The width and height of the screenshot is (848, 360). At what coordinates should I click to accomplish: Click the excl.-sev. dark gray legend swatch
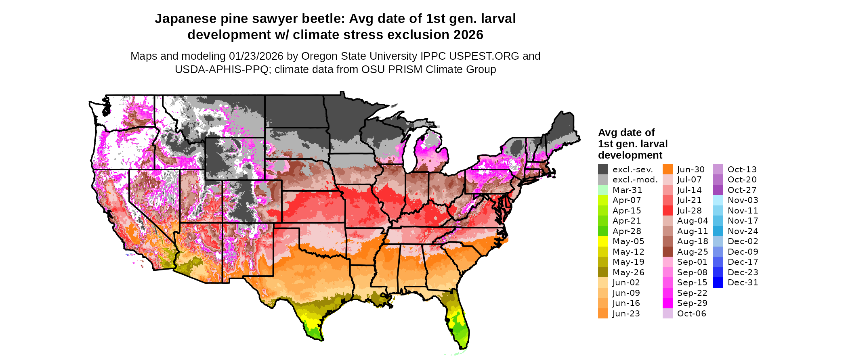(603, 170)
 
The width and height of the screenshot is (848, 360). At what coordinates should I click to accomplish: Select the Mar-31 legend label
(627, 190)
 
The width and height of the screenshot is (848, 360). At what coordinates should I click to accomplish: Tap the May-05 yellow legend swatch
(603, 241)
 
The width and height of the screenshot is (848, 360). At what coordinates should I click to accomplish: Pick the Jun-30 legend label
(691, 170)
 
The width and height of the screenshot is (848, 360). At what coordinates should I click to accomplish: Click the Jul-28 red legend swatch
(668, 211)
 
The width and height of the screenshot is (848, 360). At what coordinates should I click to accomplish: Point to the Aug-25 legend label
(693, 252)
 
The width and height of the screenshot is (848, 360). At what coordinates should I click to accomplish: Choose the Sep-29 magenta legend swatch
(668, 303)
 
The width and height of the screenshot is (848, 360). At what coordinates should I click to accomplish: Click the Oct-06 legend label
(692, 314)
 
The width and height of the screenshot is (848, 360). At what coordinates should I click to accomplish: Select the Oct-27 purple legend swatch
(718, 190)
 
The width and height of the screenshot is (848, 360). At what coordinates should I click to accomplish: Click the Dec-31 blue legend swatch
(718, 283)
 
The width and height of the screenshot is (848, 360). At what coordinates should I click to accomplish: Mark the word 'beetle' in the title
(325, 19)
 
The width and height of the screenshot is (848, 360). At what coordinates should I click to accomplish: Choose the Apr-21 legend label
(627, 221)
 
